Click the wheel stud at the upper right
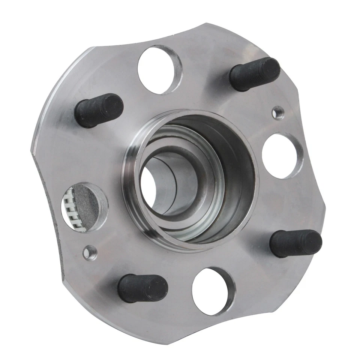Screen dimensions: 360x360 255,73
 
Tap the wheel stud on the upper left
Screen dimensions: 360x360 99,110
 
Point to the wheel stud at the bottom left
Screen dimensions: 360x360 142,288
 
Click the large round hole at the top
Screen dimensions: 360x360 159,69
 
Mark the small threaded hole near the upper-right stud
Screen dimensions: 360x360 278,112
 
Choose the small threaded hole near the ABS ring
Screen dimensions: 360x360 90,252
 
